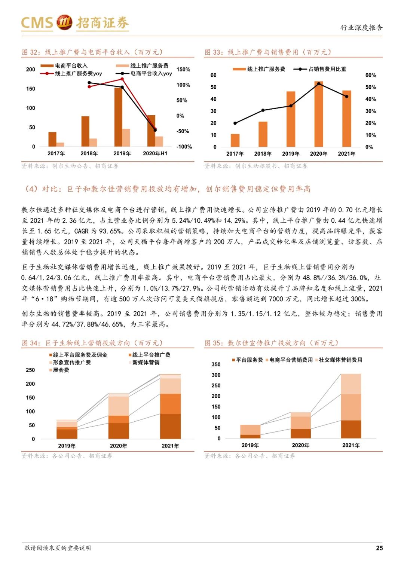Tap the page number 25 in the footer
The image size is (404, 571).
379,548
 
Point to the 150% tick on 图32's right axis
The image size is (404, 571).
183,70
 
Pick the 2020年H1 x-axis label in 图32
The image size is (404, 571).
155,153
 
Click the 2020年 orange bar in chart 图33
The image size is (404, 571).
319,114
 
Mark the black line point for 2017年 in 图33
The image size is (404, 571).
235,123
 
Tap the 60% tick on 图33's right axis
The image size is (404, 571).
370,75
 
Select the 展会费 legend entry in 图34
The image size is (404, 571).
61,370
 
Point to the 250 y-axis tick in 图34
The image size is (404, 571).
30,370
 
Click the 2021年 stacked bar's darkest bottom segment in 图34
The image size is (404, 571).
170,426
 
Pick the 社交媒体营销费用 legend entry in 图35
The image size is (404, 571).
340,360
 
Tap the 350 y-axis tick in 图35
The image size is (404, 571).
216,364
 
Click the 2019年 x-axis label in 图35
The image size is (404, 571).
250,445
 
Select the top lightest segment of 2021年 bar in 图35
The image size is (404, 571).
351,384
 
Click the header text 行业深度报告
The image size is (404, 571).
361,28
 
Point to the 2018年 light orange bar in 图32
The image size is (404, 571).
93,143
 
